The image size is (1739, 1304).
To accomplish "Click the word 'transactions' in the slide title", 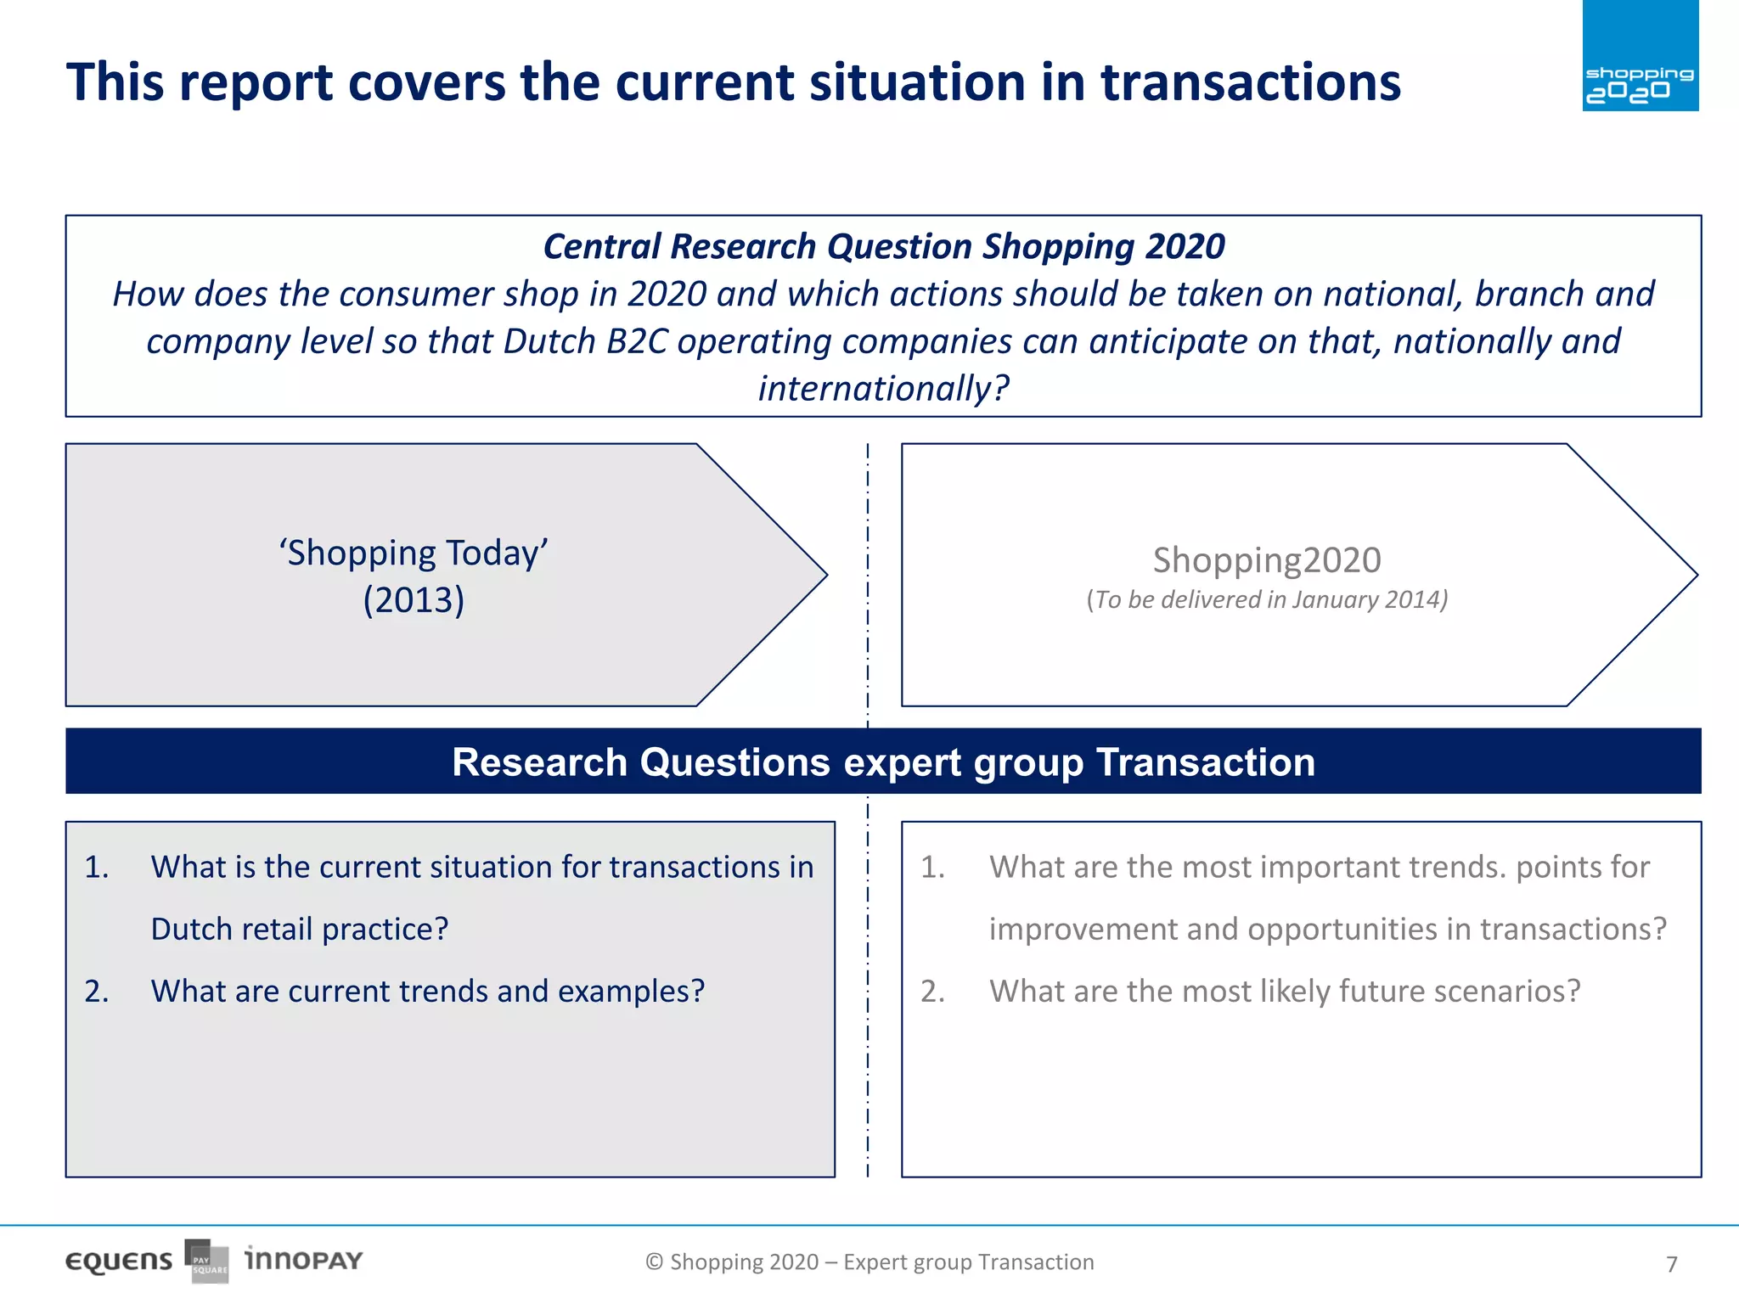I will tap(1250, 83).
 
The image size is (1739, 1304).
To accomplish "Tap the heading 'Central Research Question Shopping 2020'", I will tap(883, 247).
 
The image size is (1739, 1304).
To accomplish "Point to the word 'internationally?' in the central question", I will tap(883, 389).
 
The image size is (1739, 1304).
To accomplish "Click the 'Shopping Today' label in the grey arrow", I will tap(414, 554).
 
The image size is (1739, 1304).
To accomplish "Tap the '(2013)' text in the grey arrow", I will tap(414, 601).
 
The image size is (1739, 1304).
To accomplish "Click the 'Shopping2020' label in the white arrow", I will tap(1266, 560).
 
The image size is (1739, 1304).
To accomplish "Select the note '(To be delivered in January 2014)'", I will tap(1266, 600).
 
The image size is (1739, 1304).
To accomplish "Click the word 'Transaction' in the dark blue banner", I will tap(1205, 762).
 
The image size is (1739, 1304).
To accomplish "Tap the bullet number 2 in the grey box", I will tap(96, 992).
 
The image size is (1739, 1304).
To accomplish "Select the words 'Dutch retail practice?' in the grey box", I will tap(299, 930).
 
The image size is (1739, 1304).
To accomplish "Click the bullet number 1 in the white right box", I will tap(932, 868).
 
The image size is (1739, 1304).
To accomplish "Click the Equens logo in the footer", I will tap(119, 1262).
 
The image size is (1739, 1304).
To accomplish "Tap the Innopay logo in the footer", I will tap(303, 1260).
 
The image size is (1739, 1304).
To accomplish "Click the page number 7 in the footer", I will tap(1671, 1265).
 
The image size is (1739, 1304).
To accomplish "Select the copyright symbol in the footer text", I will tap(654, 1262).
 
